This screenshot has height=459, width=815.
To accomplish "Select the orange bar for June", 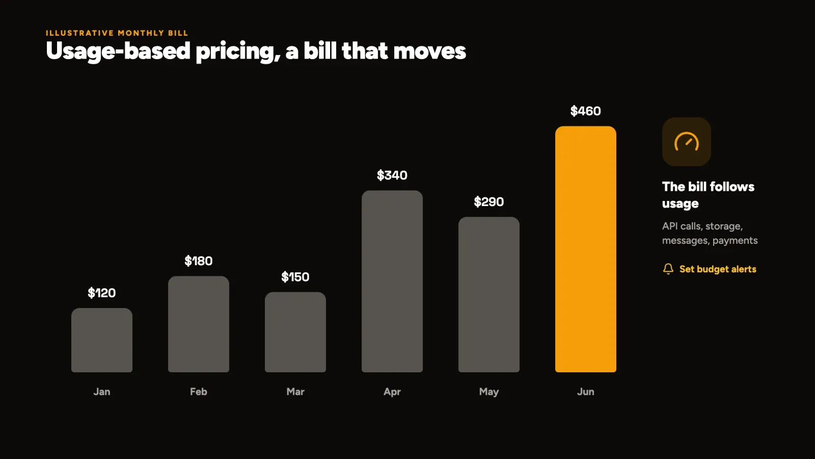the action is pos(585,249).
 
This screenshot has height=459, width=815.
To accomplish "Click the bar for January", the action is pos(102,340).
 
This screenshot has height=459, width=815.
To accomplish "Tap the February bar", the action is pos(199,324).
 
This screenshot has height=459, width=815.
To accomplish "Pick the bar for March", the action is pos(295,332).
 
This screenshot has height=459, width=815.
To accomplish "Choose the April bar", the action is pos(392,281).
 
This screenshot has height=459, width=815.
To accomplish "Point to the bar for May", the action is pos(489,295).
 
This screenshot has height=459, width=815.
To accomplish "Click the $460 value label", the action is pos(585,111).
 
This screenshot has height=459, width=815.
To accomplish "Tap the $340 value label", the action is pos(392,175).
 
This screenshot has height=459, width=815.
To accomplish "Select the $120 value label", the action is pos(102,293).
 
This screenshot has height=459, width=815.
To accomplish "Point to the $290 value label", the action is pos(489,202).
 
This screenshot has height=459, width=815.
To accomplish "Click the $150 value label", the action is pos(295,277).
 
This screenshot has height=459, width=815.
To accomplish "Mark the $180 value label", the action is pos(199,261).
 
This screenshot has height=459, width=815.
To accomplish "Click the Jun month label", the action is pos(585,392).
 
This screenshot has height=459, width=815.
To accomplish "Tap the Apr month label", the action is pos(392,392).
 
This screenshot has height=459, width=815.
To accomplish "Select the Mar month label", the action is pos(295,392).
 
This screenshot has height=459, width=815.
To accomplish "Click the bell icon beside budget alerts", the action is pos(668,269).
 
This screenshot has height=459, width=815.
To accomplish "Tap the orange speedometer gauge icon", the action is pos(687,141).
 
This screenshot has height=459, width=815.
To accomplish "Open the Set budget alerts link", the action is pos(718,269).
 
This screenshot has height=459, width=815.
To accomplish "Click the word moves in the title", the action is pos(430,51).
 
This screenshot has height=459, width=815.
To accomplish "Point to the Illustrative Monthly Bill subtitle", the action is pos(117,33).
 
